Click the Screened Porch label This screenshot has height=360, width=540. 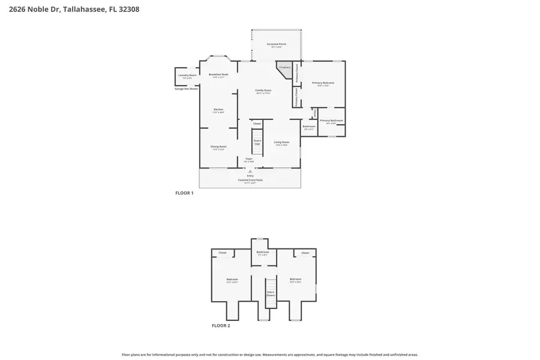pyautogui.click(x=277, y=44)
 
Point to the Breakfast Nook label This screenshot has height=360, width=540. pyautogui.click(x=218, y=75)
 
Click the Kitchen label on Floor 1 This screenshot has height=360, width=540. pyautogui.click(x=219, y=110)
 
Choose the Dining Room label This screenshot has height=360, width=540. pyautogui.click(x=218, y=147)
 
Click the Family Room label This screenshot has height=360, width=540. pyautogui.click(x=263, y=91)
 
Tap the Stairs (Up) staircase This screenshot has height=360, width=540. pyautogui.click(x=257, y=142)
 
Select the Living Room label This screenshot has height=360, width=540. pyautogui.click(x=281, y=143)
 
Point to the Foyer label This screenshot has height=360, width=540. pyautogui.click(x=248, y=160)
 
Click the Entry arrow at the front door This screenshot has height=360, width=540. pyautogui.click(x=250, y=171)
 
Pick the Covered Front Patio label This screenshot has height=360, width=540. pyautogui.click(x=250, y=179)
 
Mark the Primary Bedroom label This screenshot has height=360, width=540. pyautogui.click(x=323, y=83)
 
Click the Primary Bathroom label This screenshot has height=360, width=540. pyautogui.click(x=331, y=121)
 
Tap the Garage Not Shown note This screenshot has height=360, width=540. pyautogui.click(x=186, y=89)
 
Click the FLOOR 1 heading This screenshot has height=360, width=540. pyautogui.click(x=184, y=193)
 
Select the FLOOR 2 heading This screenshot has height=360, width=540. pyautogui.click(x=220, y=326)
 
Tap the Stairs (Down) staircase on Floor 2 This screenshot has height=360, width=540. pyautogui.click(x=271, y=293)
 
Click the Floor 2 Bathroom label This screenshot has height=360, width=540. pyautogui.click(x=263, y=253)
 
